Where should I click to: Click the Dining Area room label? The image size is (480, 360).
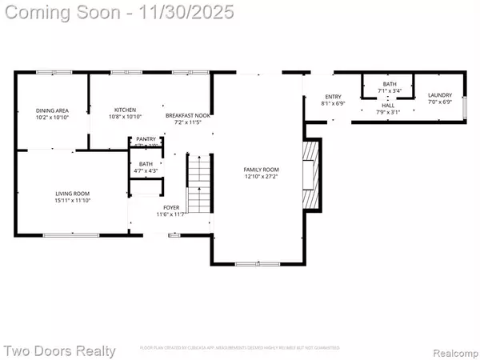[x=52, y=110]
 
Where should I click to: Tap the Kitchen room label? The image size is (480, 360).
[x=125, y=110]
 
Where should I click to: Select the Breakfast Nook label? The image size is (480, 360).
[x=188, y=115]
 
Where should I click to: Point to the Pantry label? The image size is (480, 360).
[x=146, y=138]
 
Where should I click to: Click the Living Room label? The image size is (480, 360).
[x=71, y=193]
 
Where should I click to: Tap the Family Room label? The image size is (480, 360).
[x=261, y=170]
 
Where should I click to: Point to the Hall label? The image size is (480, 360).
[x=388, y=105]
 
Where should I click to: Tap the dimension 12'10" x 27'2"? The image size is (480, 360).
[x=261, y=177]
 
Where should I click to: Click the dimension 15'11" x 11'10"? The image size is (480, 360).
[x=71, y=200]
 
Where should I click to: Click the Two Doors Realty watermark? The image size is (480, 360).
[x=59, y=350]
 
